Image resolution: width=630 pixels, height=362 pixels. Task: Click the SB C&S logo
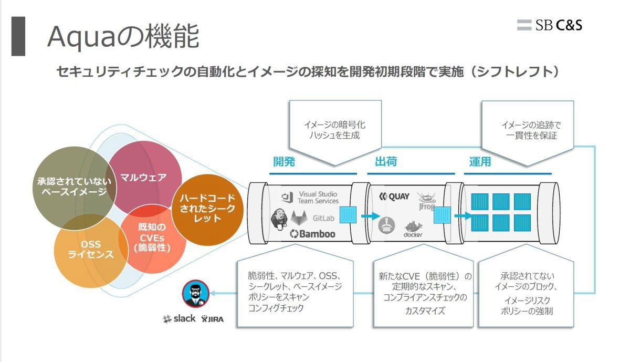coord(549,25)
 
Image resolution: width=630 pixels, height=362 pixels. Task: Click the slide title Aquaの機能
coord(123,36)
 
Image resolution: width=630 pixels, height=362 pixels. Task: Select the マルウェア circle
coord(144,178)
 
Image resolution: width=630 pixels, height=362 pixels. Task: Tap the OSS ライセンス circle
coord(90,251)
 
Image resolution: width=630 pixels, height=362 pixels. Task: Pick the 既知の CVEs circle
coord(152,239)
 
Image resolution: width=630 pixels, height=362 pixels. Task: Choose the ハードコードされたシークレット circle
coord(207,210)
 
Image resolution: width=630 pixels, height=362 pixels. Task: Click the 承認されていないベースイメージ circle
coord(74,188)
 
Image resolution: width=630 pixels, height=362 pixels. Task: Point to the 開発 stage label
coord(284,162)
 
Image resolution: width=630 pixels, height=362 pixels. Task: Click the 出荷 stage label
coord(386,162)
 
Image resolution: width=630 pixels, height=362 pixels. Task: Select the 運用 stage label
coord(480,162)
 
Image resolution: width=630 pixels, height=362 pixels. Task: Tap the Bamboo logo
coord(312,234)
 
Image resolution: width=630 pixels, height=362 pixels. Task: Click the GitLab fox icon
coord(299,218)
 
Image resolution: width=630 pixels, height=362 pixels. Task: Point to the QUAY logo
coord(394,196)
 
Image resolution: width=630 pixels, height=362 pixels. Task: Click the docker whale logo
coord(413,229)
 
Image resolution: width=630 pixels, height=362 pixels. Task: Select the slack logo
coord(179,318)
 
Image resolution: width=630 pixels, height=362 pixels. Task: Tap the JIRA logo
coord(212,319)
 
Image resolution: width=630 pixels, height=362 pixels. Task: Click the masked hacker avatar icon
coord(195,293)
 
